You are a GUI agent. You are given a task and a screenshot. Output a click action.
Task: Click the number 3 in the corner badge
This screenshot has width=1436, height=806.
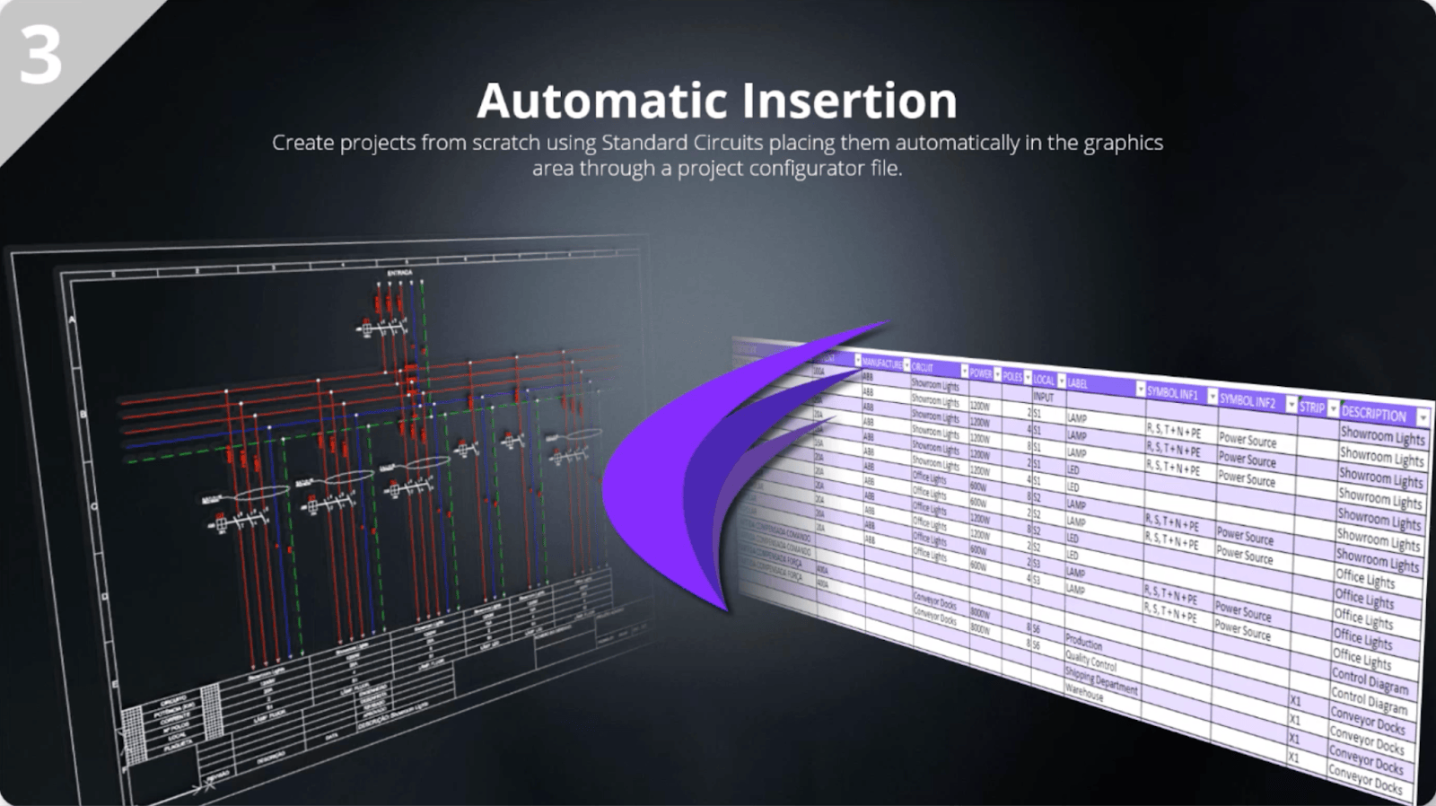tap(40, 56)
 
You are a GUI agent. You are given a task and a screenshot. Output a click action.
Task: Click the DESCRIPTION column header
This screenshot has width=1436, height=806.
tap(1373, 414)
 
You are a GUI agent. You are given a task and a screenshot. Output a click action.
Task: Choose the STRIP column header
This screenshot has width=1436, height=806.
tap(1311, 407)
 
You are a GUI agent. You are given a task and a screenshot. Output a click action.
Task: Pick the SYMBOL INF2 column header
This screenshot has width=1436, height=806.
tap(1248, 401)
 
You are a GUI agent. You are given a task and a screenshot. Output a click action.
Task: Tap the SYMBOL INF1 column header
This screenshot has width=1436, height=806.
tap(1172, 393)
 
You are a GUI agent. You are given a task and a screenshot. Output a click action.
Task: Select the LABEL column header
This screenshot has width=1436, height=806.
tap(1077, 383)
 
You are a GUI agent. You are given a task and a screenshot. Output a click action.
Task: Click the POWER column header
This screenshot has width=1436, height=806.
tap(980, 373)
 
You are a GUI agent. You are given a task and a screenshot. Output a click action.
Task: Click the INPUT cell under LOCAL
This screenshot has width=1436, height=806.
tap(1043, 397)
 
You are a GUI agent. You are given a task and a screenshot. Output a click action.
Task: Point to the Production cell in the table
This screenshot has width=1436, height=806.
tap(1083, 643)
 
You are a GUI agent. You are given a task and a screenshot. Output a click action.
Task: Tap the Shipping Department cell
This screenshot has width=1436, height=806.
tap(1101, 679)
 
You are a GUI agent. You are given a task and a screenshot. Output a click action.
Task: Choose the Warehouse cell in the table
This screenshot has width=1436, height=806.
tap(1083, 693)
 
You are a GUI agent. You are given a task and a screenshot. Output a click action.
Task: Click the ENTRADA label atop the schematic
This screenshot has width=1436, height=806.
tap(399, 272)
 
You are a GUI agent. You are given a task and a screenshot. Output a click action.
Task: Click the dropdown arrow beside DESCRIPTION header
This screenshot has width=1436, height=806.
tap(1423, 418)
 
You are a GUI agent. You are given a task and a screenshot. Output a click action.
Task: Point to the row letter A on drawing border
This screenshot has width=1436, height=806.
tap(74, 320)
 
